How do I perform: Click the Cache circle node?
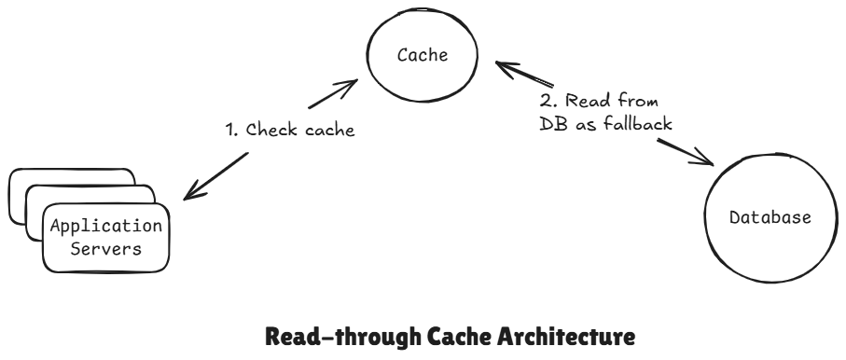423,59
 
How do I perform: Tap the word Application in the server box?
105,226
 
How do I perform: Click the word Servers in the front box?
105,249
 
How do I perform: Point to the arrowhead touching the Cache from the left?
348,85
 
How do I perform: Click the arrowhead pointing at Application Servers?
190,194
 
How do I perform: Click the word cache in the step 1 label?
329,132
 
